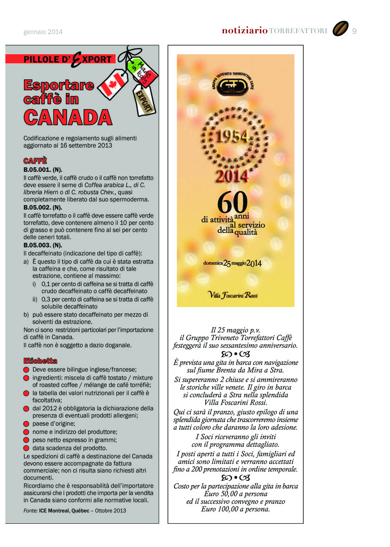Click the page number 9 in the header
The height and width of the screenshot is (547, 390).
[x=354, y=31]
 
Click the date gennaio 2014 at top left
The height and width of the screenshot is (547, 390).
[x=43, y=32]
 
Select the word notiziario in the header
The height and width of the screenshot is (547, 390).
[x=244, y=31]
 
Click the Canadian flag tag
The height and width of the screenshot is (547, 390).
[x=110, y=83]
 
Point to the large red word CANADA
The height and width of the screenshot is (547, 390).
[x=68, y=117]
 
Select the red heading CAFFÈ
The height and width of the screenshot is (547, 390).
[x=35, y=161]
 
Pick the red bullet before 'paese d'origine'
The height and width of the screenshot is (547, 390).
[x=26, y=424]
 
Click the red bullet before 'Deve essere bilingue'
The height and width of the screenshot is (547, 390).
[x=26, y=370]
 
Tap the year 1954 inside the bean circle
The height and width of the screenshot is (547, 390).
[x=232, y=136]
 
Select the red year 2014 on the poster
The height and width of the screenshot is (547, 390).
[x=233, y=176]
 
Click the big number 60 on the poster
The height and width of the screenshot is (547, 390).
[x=233, y=201]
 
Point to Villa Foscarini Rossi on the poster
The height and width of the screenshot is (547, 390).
[x=233, y=295]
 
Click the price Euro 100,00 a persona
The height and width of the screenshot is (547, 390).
[x=235, y=509]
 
